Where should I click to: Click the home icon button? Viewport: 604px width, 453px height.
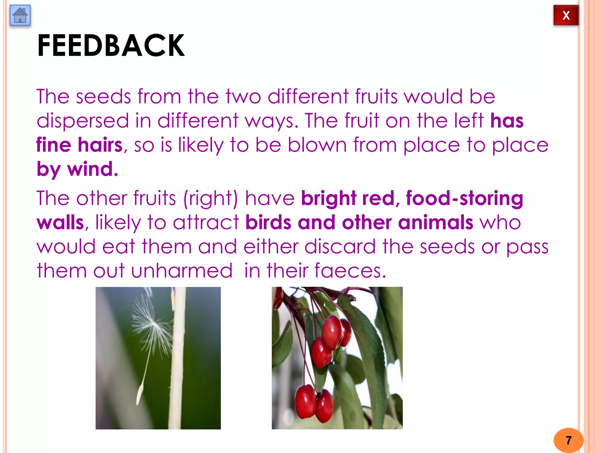coord(20,15)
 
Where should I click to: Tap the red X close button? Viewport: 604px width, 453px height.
coord(566,15)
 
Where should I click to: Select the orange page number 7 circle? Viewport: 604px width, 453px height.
coord(568,440)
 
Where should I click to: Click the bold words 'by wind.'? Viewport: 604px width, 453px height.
coord(77,169)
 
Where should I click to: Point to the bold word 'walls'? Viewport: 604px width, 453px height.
coord(60,222)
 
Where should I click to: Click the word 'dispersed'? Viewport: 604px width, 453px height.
coord(83,121)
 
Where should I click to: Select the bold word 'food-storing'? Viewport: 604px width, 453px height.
coord(465,198)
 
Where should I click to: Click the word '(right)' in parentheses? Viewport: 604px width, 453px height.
coord(210,198)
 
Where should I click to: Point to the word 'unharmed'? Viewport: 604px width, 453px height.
coord(182,271)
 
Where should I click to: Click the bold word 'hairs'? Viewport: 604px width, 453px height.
coord(100,145)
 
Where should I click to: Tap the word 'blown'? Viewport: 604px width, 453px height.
coord(317,145)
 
